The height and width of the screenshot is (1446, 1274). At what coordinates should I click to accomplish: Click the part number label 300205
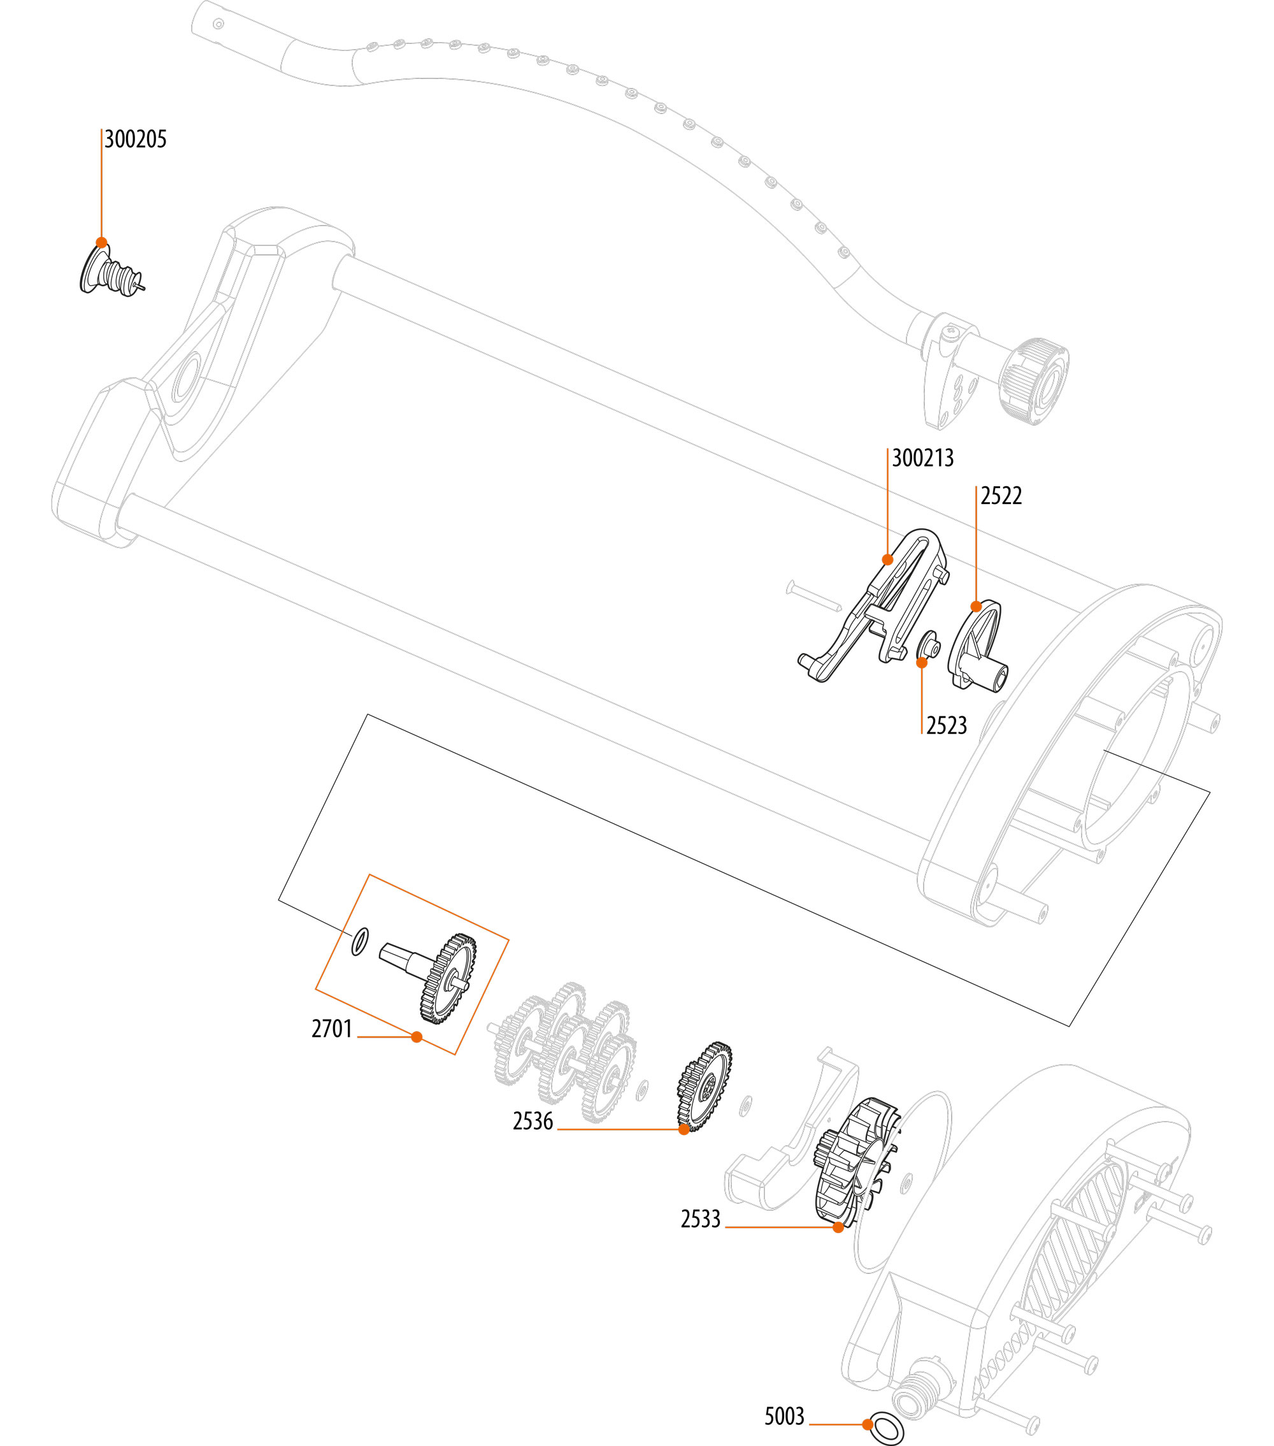point(135,140)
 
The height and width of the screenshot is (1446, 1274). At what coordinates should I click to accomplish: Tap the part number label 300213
point(922,458)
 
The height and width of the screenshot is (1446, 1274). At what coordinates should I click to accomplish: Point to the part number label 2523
point(946,726)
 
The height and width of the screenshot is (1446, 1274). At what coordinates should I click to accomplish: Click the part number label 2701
point(332,1029)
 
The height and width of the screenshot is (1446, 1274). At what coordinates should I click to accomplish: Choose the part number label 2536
point(533,1121)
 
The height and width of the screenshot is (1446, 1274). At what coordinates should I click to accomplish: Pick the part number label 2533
point(700,1219)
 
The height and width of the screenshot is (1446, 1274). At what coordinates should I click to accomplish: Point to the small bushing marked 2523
point(927,645)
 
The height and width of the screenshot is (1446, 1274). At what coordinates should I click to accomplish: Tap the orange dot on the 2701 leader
point(417,1036)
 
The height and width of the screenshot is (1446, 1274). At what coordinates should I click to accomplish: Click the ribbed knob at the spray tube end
point(1034,381)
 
